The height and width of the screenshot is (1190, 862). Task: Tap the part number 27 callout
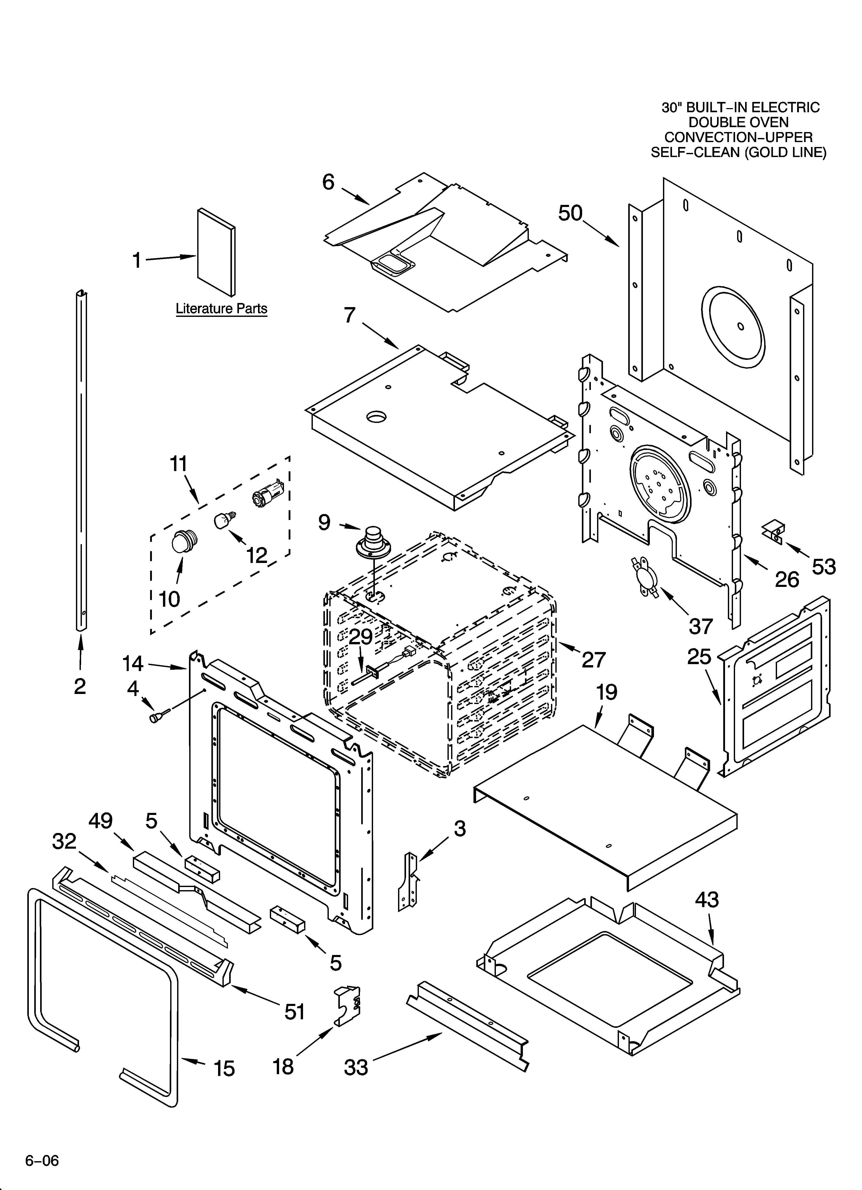pyautogui.click(x=594, y=659)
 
